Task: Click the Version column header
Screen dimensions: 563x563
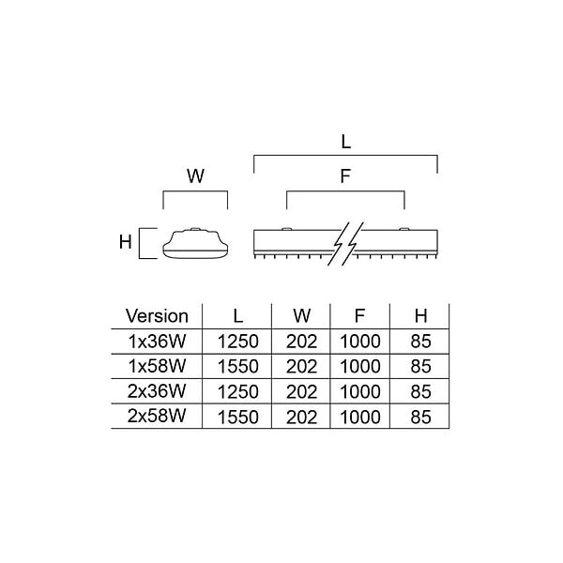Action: tap(157, 316)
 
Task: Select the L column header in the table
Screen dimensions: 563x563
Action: tap(238, 316)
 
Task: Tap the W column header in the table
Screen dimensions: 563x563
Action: tap(301, 316)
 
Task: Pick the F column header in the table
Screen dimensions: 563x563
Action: tap(359, 316)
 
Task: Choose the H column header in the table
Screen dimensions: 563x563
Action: tap(420, 316)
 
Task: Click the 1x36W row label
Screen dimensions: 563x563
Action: tap(158, 342)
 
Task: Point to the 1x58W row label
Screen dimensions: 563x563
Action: tap(158, 366)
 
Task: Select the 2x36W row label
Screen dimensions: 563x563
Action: tap(157, 391)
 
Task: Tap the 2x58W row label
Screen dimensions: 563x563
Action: tap(157, 417)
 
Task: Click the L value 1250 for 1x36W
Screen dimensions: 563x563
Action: tap(238, 342)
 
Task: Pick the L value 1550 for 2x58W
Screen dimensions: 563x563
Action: tap(238, 418)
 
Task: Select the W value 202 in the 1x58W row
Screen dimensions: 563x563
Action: tap(301, 367)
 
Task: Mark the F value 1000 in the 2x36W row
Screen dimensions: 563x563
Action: tap(360, 391)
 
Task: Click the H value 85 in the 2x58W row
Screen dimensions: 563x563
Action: tap(420, 418)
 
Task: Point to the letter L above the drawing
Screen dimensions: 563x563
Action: tap(345, 142)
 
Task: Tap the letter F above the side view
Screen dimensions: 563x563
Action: tap(345, 176)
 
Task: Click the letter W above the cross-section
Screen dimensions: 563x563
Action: tap(195, 176)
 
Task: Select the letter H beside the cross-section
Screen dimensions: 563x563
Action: tap(126, 242)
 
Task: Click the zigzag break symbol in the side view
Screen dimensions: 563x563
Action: tap(345, 244)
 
